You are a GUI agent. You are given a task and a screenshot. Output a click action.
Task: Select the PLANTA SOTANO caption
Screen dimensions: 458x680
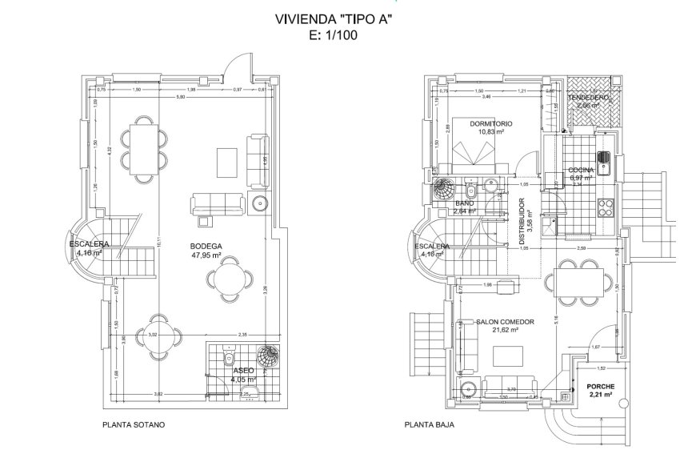coord(134,425)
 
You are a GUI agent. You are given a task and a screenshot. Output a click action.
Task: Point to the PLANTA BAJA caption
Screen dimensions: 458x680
coord(429,425)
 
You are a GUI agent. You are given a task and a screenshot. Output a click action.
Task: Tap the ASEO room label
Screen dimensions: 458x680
coord(244,371)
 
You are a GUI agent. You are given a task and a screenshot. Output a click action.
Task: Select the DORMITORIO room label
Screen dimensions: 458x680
coord(490,124)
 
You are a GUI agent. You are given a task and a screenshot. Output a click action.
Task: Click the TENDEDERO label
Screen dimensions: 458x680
coord(589,97)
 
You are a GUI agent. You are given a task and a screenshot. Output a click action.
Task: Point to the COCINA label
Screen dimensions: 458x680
coord(580,170)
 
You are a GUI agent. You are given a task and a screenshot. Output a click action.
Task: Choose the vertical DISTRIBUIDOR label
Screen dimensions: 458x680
coord(521,221)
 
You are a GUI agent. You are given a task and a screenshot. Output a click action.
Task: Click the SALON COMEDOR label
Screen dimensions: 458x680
coord(504,322)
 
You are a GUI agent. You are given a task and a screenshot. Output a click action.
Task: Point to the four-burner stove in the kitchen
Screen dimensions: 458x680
coord(605,204)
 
